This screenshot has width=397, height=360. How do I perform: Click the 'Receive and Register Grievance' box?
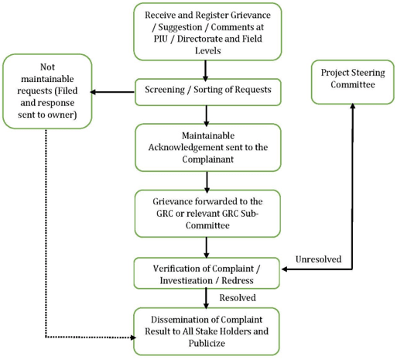[207, 32]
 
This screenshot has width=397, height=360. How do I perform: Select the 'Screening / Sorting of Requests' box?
[208, 92]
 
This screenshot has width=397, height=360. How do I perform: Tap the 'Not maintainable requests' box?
[47, 91]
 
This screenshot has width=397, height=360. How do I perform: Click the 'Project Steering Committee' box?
[353, 82]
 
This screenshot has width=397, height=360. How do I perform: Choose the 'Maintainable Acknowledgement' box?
[208, 147]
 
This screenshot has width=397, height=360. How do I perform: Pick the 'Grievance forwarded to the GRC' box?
[207, 214]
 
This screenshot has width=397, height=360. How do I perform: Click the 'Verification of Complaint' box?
[207, 273]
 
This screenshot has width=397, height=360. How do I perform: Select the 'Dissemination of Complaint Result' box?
[207, 331]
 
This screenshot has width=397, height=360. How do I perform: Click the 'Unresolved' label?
[318, 259]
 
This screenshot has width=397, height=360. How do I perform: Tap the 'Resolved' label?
[238, 298]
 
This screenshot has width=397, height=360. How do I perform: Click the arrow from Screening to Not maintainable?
[112, 92]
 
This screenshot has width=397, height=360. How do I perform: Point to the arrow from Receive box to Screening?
[205, 70]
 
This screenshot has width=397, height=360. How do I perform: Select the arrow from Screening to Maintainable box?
[206, 116]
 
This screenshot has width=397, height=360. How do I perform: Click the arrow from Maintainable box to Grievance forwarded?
[207, 182]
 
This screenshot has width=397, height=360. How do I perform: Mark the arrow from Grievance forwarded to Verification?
[206, 247]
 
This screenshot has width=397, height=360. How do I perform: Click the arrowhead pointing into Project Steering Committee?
[352, 106]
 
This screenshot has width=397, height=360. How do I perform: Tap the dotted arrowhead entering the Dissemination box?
[133, 338]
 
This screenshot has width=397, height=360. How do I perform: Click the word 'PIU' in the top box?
[161, 39]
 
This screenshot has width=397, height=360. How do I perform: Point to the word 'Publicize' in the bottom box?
[207, 343]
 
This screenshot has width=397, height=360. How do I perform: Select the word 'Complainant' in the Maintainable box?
[208, 159]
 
